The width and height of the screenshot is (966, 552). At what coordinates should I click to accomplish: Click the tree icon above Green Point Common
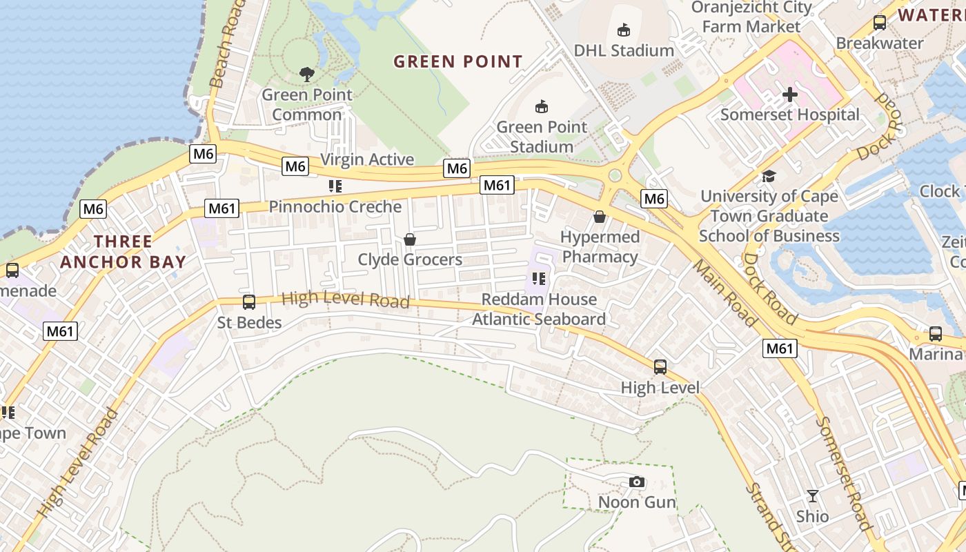click(307, 74)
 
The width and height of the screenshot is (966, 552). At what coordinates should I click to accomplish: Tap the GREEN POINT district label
click(458, 61)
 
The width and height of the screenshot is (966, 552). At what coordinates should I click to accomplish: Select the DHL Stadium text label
click(624, 50)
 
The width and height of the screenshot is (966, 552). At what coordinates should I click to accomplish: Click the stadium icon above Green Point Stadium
click(542, 106)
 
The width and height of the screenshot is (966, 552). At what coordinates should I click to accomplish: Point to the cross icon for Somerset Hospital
click(790, 94)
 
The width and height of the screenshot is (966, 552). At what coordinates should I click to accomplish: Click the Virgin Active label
click(368, 159)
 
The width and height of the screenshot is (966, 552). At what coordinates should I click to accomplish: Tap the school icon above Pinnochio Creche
click(335, 186)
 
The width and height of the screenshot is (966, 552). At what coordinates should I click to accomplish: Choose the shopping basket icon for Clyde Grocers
click(410, 239)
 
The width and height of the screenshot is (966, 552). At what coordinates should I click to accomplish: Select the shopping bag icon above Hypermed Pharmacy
click(599, 217)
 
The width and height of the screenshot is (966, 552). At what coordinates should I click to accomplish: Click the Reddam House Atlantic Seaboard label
click(539, 309)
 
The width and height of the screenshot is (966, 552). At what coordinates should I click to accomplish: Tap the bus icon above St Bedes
click(249, 302)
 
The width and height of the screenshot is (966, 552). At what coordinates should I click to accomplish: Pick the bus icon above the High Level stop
click(660, 366)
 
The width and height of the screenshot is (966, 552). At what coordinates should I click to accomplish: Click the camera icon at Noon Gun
click(637, 482)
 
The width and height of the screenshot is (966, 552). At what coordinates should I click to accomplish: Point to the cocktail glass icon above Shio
click(813, 495)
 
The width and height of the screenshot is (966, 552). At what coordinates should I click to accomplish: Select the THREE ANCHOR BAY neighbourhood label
click(123, 252)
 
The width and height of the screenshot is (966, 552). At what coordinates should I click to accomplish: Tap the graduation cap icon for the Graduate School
click(769, 176)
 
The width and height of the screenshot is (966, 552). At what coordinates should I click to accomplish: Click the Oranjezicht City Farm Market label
click(751, 17)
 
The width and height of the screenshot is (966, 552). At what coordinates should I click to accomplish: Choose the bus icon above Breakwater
click(880, 22)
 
